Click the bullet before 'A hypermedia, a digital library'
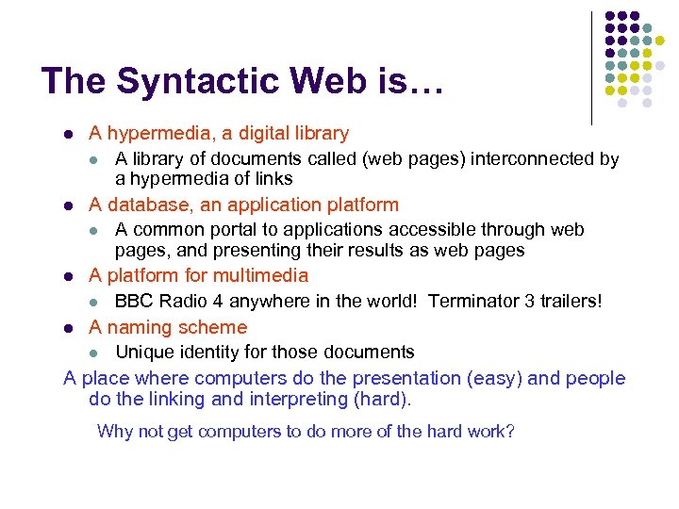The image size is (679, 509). click(x=68, y=135)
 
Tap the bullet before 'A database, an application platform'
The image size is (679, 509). click(x=68, y=205)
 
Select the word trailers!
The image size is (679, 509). click(x=569, y=302)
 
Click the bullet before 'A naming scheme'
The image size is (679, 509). click(x=68, y=329)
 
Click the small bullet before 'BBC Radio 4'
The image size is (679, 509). click(x=93, y=303)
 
